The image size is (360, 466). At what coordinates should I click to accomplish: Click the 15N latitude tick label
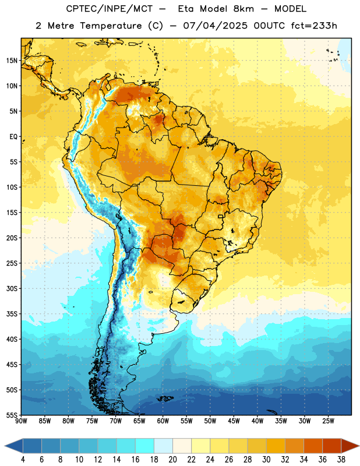[12, 61]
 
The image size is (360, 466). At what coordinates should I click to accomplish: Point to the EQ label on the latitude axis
[13, 137]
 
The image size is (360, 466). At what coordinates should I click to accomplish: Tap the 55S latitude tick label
[12, 415]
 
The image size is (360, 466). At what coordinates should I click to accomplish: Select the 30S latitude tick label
[12, 288]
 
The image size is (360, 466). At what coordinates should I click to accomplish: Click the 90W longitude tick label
[21, 421]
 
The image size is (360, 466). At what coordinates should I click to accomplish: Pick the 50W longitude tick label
[210, 421]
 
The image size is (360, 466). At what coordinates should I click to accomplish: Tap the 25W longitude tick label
[328, 421]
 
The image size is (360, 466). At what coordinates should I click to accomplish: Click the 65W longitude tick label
[139, 421]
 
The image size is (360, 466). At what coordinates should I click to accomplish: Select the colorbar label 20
[172, 460]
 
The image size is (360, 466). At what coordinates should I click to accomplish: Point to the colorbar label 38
[341, 460]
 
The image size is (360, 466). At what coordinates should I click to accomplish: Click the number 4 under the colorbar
[23, 460]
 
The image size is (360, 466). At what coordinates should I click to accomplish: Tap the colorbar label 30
[266, 460]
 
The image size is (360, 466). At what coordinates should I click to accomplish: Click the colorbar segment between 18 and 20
[163, 446]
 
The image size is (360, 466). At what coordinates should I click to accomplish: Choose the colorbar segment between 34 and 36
[313, 446]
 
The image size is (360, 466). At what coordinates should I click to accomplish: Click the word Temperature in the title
[111, 26]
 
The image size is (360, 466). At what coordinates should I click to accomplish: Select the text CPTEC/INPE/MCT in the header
[110, 9]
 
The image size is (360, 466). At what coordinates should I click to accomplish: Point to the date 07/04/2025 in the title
[215, 26]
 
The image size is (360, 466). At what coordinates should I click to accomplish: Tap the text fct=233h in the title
[314, 26]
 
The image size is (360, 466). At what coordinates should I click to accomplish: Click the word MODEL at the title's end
[290, 9]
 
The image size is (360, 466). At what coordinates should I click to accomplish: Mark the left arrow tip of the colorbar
[5, 446]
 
